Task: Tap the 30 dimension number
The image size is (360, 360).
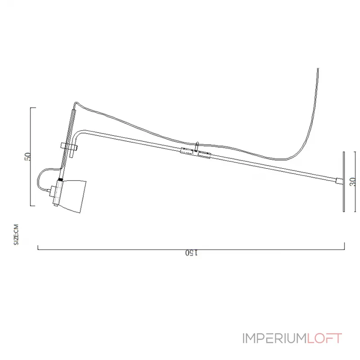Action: click(352, 181)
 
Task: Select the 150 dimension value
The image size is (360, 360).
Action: click(191, 253)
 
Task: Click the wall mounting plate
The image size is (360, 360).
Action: click(343, 181)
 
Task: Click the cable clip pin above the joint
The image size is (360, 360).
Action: click(197, 146)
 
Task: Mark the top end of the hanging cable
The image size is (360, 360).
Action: click(318, 69)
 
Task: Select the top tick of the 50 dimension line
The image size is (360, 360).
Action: click(33, 108)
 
